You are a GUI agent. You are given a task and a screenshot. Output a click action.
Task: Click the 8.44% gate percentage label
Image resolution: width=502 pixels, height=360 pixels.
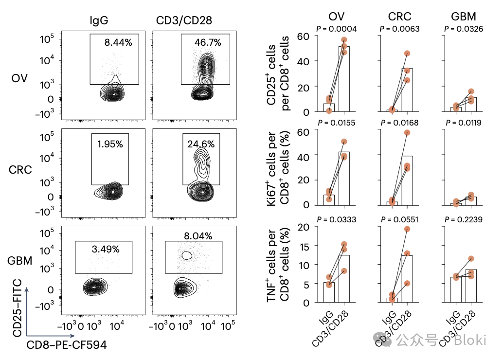point(118,43)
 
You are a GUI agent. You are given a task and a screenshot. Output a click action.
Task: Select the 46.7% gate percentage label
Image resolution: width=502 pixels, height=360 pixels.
point(208,43)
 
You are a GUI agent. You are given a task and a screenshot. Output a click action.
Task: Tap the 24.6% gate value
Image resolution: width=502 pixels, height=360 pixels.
point(200,144)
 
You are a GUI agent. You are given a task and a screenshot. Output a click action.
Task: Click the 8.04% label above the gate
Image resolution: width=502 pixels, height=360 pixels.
point(197,236)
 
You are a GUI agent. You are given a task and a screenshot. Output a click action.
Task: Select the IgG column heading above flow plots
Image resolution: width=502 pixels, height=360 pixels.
point(99,20)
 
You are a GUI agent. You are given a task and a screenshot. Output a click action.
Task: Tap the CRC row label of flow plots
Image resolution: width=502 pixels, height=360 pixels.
point(21,170)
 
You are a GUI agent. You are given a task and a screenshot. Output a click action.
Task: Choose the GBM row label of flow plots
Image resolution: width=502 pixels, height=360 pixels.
point(20,260)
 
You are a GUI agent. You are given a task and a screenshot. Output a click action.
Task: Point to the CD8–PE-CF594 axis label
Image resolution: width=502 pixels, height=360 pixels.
point(66,345)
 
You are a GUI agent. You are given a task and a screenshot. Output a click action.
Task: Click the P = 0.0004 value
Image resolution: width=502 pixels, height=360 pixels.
point(337,29)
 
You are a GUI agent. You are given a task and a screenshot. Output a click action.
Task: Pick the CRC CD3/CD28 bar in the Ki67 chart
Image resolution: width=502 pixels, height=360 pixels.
point(407,180)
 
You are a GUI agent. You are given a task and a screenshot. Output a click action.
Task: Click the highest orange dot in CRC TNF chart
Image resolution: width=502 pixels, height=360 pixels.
point(407,229)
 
